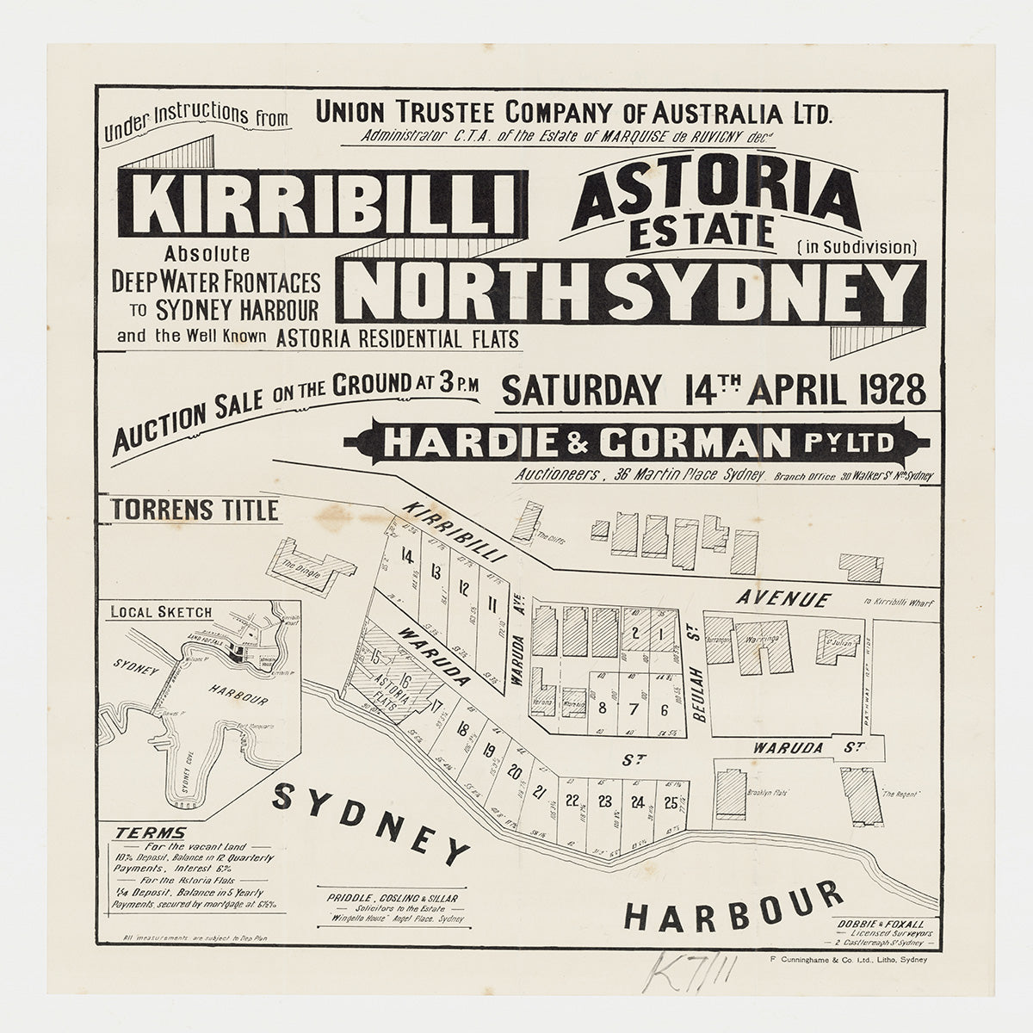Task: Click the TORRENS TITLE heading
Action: click(195, 510)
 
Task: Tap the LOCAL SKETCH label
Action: click(160, 612)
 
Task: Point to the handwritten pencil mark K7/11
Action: click(683, 974)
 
